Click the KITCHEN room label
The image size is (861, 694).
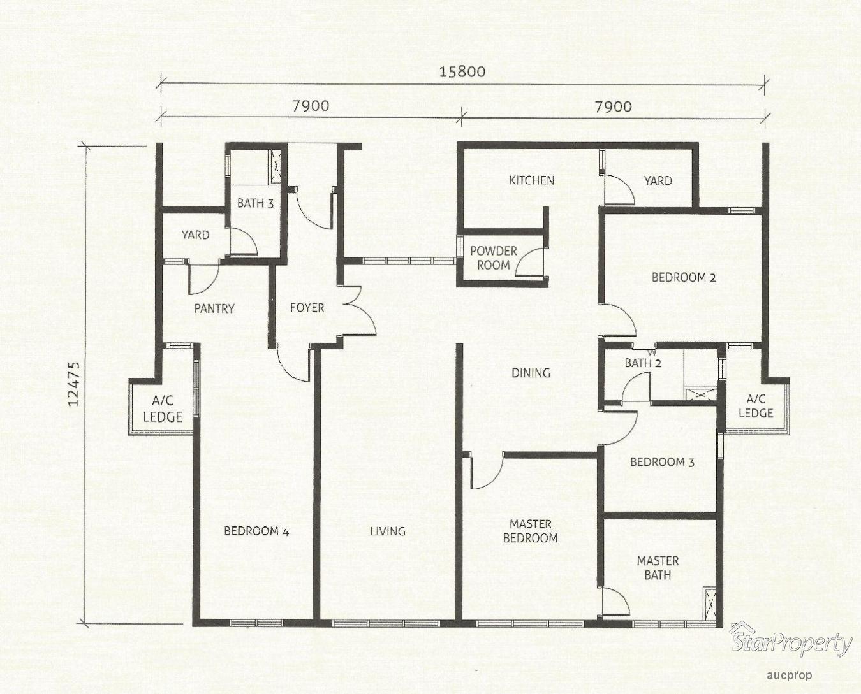(x=531, y=180)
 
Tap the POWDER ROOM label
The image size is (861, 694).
(x=493, y=258)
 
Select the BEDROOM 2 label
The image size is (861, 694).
(x=683, y=277)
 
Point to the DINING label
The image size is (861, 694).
(x=531, y=373)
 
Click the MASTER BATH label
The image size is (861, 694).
(x=658, y=568)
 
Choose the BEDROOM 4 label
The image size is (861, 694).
(x=256, y=531)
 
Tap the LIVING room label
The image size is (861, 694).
(x=387, y=531)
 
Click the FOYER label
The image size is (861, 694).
(x=307, y=307)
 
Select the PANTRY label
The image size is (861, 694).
(x=214, y=308)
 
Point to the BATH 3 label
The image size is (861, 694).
(x=255, y=203)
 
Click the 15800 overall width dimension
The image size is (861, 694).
(x=462, y=72)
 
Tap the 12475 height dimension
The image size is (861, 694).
(x=74, y=384)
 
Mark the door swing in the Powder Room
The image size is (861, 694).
(x=530, y=263)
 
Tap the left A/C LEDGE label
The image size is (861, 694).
(x=163, y=408)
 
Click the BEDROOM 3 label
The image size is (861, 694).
(x=662, y=462)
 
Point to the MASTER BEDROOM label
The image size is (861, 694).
(x=531, y=531)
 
